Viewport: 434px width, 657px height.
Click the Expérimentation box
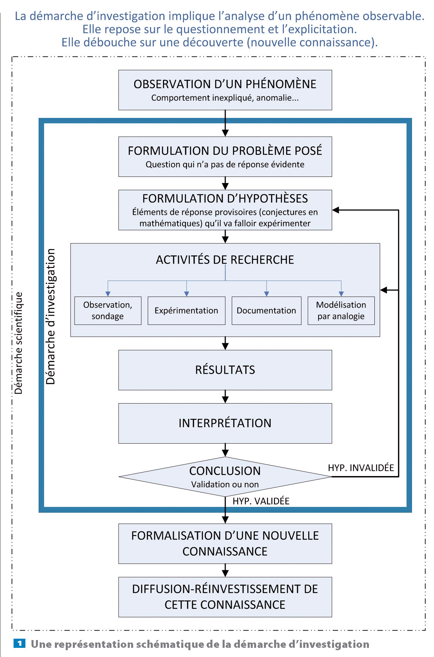(x=186, y=311)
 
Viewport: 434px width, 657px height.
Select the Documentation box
(x=266, y=311)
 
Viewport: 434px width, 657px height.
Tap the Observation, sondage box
(x=108, y=311)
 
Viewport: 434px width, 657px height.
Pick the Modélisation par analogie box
(x=341, y=311)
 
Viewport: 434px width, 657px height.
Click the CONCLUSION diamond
(x=225, y=476)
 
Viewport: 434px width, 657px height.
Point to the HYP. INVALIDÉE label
(x=361, y=468)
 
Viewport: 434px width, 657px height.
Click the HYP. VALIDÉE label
(x=261, y=501)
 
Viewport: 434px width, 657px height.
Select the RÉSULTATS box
(x=225, y=370)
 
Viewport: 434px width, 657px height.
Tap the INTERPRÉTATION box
(x=225, y=423)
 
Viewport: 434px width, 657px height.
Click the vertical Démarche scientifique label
(x=19, y=343)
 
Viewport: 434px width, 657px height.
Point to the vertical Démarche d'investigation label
(x=51, y=316)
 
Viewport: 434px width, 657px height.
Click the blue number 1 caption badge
(x=19, y=643)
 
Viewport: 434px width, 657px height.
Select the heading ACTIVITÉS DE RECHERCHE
(x=225, y=260)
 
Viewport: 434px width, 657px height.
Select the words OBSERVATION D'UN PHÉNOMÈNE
(x=225, y=84)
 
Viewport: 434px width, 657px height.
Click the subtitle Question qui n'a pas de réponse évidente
(x=225, y=164)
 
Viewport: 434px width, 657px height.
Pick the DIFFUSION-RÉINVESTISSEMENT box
(x=225, y=597)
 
